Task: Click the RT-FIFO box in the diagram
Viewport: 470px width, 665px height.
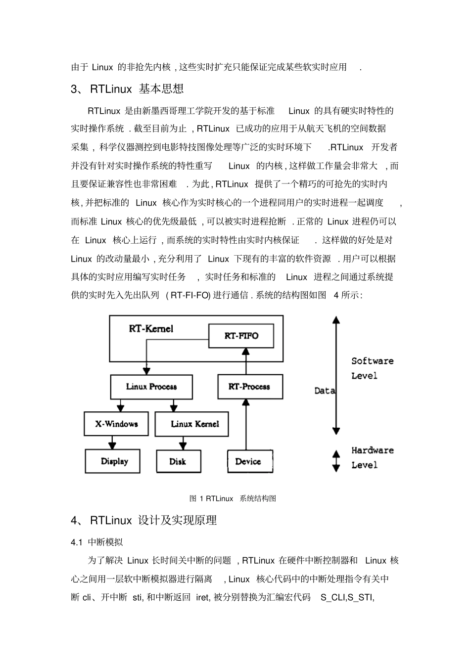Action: point(241,336)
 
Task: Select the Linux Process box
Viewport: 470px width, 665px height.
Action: point(151,387)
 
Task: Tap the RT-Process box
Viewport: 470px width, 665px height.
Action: point(250,387)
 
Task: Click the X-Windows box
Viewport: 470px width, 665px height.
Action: point(116,424)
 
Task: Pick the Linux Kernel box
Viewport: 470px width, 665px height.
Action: point(192,424)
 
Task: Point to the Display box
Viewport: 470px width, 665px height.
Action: point(113,461)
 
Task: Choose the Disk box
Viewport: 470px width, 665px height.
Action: point(178,461)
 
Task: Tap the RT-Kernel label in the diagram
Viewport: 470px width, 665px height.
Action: point(151,328)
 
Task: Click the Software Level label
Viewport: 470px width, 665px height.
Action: point(372,368)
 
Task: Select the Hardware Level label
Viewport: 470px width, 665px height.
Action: point(372,457)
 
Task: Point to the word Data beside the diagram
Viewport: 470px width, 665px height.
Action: point(325,391)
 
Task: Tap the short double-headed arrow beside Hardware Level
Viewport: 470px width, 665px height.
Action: point(336,461)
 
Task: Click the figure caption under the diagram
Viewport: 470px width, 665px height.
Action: point(233,498)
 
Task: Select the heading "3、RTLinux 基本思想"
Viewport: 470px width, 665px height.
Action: point(127,89)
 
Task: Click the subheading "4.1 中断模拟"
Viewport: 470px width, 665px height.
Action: point(97,542)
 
